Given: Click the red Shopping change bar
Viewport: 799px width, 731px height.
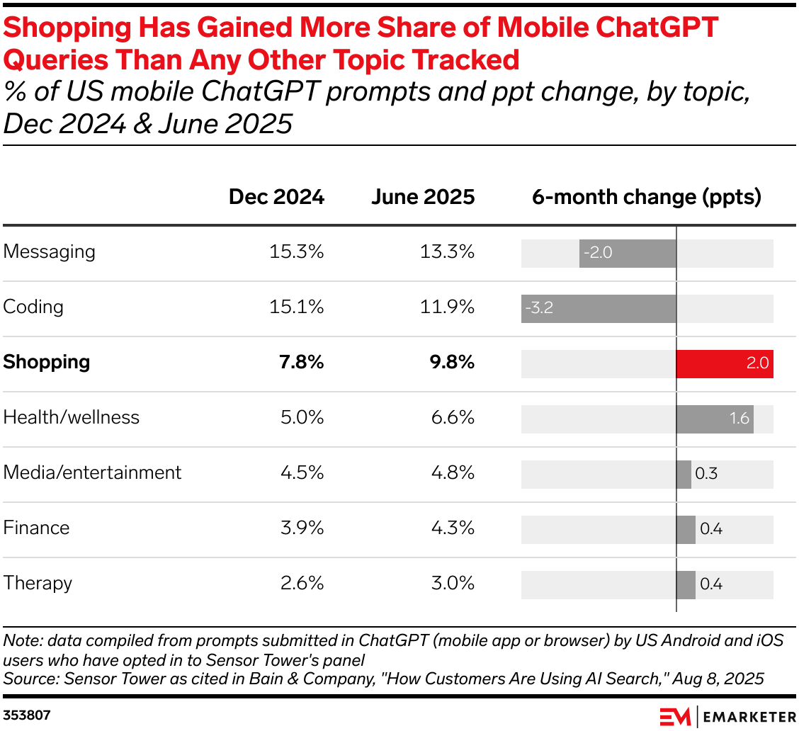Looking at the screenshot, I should coord(725,363).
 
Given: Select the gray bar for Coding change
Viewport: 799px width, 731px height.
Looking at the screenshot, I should coord(599,308).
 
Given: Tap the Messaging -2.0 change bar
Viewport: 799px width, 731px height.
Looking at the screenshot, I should coord(628,253).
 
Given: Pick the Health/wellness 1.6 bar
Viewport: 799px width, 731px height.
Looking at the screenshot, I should coord(715,419).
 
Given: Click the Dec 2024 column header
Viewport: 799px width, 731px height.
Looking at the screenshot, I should coord(276,197).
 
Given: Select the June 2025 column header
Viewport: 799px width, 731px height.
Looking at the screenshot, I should coord(423,197).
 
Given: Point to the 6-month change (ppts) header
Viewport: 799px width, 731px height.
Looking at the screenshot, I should coord(646,197).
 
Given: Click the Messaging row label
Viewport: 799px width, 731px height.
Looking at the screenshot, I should coord(49,252).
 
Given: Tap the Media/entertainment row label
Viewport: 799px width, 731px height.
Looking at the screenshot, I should coord(92,472).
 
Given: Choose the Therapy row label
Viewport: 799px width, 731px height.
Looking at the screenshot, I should coord(38,583).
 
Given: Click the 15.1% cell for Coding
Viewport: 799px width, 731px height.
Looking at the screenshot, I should coord(296,307).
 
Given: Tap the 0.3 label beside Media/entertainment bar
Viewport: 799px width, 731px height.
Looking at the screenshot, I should coord(706,474).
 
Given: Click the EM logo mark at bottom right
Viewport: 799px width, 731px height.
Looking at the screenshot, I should coord(674,717).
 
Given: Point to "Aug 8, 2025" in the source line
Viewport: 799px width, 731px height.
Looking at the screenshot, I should coord(719,679).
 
